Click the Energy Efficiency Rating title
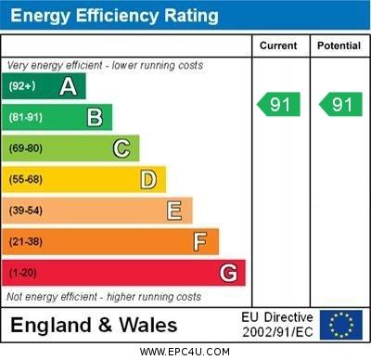114,16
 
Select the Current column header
278,45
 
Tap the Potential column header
339,45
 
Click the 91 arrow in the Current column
279,105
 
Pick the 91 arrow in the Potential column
340,105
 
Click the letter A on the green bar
68,86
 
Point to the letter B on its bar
95,117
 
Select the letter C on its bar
122,148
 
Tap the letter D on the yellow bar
148,179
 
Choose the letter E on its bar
174,211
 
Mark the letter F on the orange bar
200,241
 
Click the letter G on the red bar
228,273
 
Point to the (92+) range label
22,87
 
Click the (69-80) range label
26,148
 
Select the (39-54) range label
26,211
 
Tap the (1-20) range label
23,273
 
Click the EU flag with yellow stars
341,325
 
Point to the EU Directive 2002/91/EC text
277,325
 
